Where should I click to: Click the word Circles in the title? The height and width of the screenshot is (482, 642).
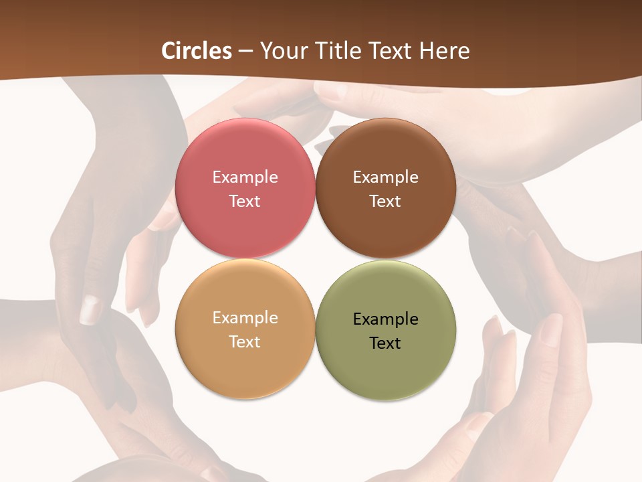pyautogui.click(x=197, y=51)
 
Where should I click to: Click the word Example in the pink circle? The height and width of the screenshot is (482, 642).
pyautogui.click(x=245, y=177)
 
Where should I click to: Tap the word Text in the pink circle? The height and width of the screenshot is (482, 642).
pyautogui.click(x=245, y=202)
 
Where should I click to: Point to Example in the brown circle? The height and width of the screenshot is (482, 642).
pyautogui.click(x=386, y=177)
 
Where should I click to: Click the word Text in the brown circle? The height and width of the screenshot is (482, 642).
pyautogui.click(x=386, y=202)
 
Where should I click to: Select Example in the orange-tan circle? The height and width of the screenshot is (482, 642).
pyautogui.click(x=245, y=318)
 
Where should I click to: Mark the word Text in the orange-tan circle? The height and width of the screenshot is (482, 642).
pyautogui.click(x=245, y=342)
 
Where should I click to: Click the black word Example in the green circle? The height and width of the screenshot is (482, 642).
pyautogui.click(x=386, y=319)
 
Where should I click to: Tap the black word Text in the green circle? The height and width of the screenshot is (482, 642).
pyautogui.click(x=386, y=343)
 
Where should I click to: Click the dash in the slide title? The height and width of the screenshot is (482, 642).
pyautogui.click(x=245, y=52)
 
